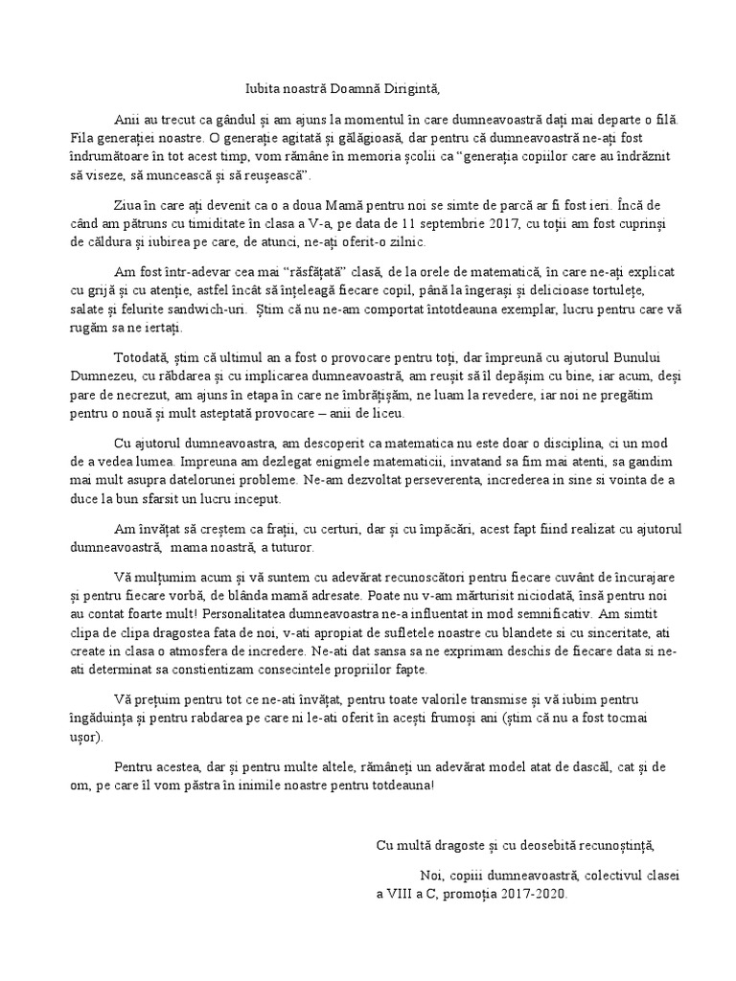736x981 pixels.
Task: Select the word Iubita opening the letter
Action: [264, 89]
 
